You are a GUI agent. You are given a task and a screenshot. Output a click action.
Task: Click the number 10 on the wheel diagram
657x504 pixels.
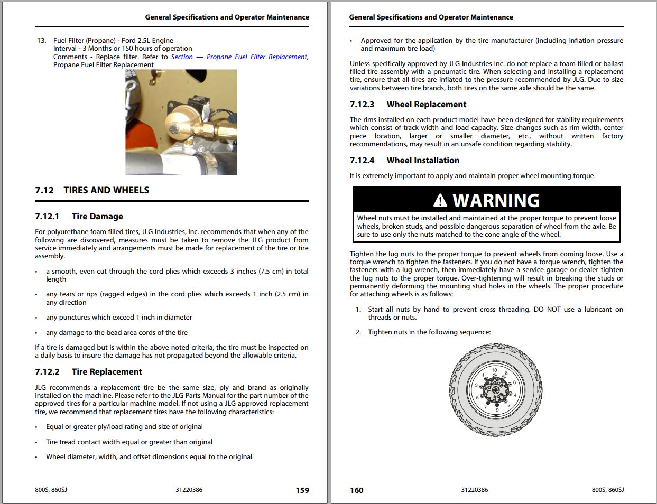tap(494, 370)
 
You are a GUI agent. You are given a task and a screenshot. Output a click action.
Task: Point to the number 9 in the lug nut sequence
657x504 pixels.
tap(497, 410)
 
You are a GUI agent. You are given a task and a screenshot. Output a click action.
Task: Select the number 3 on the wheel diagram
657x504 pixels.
tap(476, 385)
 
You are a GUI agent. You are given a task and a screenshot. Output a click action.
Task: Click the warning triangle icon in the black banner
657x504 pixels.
tap(440, 200)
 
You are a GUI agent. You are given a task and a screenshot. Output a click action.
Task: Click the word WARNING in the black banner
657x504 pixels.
tap(496, 201)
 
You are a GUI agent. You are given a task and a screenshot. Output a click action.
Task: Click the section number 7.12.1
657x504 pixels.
tap(47, 216)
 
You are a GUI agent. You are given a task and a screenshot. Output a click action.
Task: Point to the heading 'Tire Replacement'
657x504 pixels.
tap(107, 371)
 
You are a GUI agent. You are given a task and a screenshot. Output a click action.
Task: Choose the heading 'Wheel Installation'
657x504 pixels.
tap(423, 160)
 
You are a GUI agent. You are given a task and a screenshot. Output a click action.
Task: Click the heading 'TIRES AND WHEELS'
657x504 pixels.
tap(106, 190)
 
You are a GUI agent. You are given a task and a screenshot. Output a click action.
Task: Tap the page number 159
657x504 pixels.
tap(302, 490)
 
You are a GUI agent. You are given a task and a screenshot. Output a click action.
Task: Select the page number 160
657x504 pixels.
tap(357, 490)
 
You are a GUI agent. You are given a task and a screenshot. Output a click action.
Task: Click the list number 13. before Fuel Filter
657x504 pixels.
tap(41, 40)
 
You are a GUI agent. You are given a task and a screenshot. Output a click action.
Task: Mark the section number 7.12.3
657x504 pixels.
tap(362, 104)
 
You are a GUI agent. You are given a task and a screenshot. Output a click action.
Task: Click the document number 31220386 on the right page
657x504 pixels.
tap(475, 490)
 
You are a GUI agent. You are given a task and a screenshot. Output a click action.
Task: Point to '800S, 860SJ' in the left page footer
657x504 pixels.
tap(51, 490)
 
